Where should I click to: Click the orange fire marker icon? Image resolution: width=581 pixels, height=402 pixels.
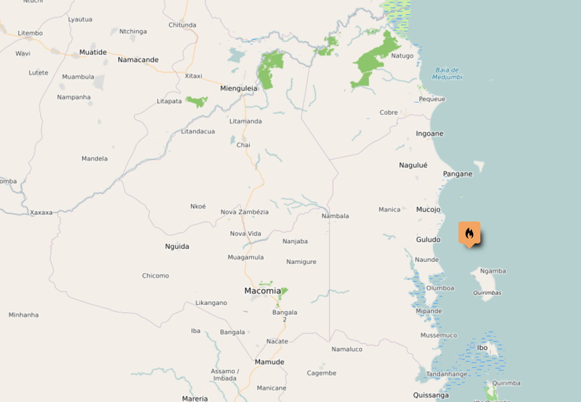tap(469, 233)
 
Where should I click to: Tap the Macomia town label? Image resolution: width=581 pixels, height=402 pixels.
tap(262, 291)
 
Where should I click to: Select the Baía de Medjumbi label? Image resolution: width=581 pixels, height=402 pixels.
tap(447, 73)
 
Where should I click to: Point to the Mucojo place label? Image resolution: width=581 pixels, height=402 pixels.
tap(428, 209)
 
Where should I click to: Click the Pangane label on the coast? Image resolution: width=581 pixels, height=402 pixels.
tap(458, 174)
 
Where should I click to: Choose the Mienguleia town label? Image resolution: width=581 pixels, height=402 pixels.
tap(239, 88)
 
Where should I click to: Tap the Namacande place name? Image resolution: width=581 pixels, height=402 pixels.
tap(138, 60)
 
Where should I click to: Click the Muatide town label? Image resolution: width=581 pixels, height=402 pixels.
tap(93, 52)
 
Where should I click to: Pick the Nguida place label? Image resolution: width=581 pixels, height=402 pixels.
tap(177, 246)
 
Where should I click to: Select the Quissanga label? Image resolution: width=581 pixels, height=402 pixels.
tap(431, 395)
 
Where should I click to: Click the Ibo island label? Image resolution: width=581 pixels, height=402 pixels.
tap(482, 348)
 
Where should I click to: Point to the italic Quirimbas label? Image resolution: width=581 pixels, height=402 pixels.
tap(487, 292)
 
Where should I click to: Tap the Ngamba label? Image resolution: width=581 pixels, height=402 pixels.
tap(493, 271)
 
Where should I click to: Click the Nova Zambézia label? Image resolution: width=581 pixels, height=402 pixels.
tap(245, 212)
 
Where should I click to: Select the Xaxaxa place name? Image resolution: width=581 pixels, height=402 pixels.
tap(41, 212)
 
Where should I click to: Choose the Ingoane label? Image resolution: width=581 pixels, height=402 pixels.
tap(430, 134)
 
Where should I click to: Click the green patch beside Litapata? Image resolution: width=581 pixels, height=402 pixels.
tap(197, 101)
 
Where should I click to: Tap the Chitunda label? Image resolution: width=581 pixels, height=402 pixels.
tap(182, 25)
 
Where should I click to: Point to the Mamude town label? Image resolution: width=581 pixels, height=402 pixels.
tap(269, 362)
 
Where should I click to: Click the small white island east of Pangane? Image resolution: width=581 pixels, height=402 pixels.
tap(479, 166)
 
